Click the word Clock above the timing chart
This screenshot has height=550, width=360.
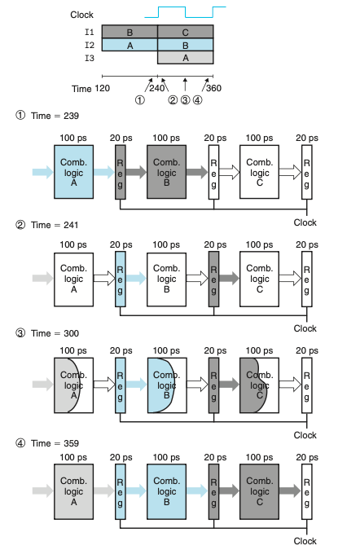pos(81,15)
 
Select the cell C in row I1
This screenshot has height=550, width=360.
pos(186,32)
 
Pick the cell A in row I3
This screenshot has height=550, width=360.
pos(186,58)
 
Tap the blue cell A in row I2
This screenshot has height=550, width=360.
pos(130,45)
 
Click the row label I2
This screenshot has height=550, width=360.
pos(90,46)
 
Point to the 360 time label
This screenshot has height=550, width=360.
pos(213,88)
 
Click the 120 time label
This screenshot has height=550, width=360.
pos(102,88)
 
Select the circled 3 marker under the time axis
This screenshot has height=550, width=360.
pos(185,100)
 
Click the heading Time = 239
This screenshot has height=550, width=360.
pos(55,116)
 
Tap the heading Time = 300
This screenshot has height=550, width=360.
pos(55,333)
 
